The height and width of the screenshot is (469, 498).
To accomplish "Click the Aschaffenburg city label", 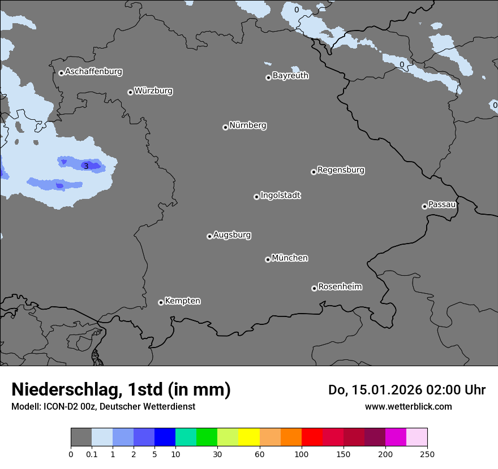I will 93,72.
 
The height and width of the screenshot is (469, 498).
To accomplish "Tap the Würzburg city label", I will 153,91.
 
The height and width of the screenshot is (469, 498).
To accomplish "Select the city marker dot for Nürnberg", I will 225,127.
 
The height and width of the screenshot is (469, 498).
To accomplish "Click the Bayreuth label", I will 290,76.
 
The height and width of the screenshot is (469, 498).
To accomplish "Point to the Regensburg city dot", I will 314,172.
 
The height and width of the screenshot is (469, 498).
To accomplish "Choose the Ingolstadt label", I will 280,196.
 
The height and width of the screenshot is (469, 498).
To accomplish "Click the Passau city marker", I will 424,206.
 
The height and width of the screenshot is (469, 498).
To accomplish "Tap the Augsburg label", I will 232,235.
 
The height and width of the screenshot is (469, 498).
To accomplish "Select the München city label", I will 290,258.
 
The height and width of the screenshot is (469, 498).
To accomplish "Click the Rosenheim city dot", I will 314,289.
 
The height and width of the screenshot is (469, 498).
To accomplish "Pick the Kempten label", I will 182,301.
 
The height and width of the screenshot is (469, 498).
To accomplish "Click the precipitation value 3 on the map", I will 86,166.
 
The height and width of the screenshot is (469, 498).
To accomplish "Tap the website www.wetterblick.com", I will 408,406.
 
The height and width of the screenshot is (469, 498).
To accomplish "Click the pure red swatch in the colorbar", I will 312,437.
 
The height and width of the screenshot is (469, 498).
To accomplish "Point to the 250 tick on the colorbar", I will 427,454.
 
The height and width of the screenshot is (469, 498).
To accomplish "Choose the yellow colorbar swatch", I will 249,437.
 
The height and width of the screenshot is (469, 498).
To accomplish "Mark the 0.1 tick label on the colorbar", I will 92,454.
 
